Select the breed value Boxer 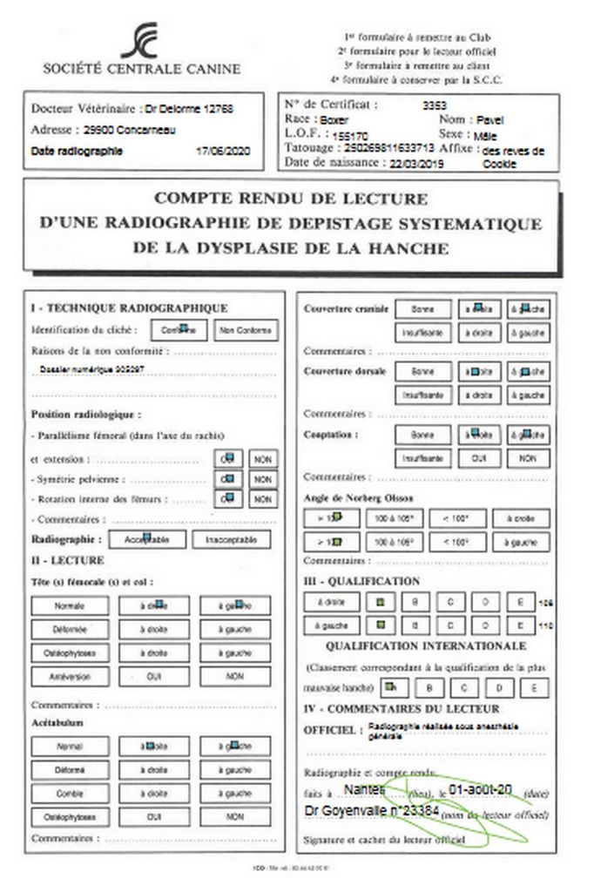tap(334, 120)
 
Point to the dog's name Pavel tap(490, 119)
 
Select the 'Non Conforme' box tap(246, 330)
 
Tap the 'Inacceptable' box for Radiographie tap(231, 540)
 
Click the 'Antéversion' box tap(69, 676)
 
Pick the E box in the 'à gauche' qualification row tap(519, 625)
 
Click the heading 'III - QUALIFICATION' tap(361, 581)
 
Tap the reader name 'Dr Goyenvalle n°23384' tap(361, 811)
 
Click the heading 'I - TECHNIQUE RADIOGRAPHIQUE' tap(129, 307)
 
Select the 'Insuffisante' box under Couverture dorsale tap(422, 395)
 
